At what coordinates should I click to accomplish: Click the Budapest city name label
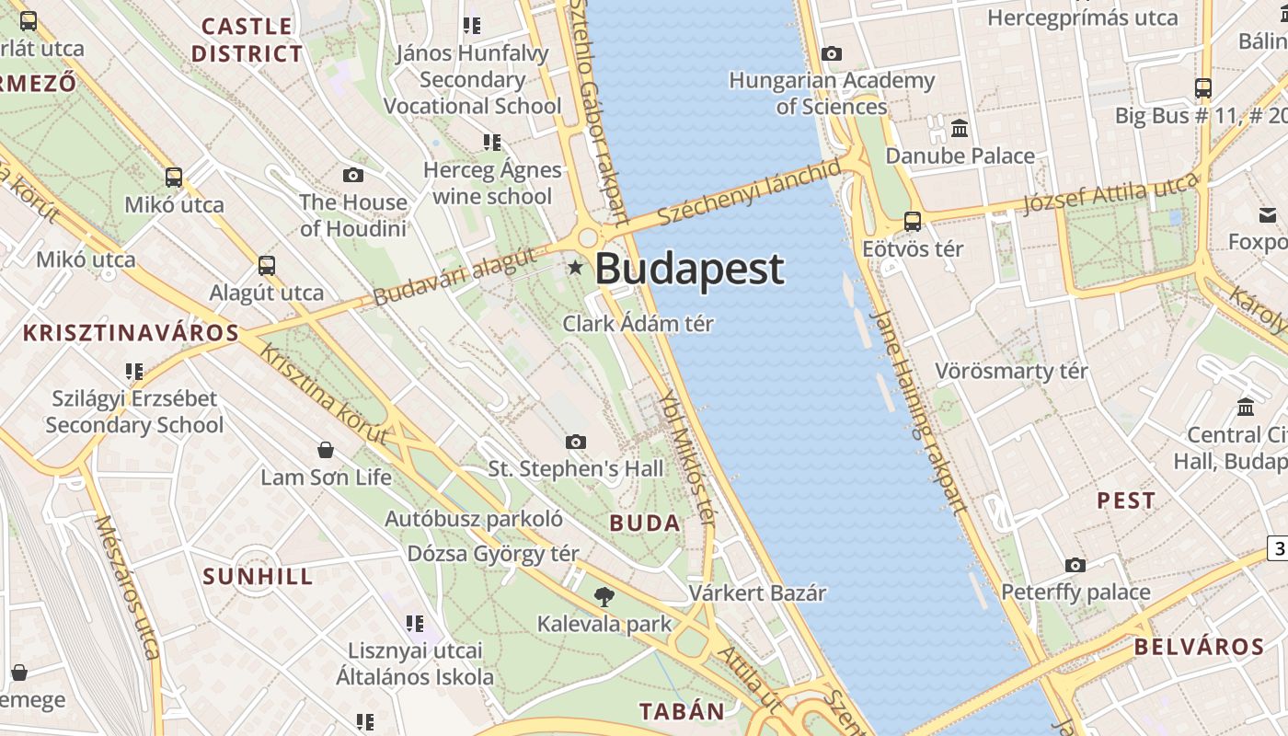690,269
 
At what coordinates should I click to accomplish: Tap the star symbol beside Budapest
576,268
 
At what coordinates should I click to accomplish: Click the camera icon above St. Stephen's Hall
576,443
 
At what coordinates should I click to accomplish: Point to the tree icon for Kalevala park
604,597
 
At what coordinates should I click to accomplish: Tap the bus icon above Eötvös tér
913,222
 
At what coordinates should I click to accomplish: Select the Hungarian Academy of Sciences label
832,93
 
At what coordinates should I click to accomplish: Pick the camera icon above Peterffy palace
1075,565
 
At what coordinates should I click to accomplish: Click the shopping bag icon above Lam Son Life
325,450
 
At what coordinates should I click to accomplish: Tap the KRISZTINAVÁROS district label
131,333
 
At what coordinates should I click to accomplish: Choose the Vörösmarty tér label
1011,372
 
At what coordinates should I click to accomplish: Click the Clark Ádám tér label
638,324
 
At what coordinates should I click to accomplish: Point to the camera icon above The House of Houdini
352,176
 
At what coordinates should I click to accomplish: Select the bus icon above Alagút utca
267,266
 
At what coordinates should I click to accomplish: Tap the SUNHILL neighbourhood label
258,577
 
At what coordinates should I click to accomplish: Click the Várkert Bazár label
758,593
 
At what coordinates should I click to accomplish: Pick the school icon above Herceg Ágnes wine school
492,143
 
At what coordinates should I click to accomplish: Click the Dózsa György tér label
493,554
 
